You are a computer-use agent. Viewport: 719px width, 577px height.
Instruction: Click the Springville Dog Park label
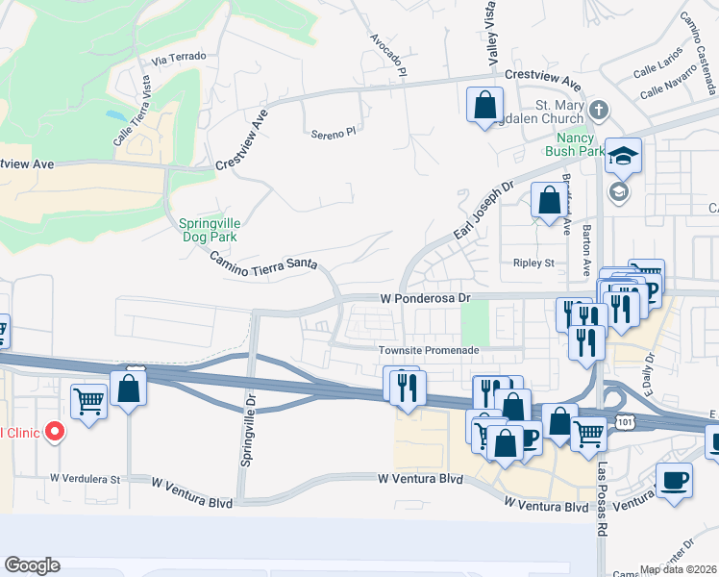point(208,229)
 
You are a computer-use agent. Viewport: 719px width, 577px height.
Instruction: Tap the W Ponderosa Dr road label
point(425,298)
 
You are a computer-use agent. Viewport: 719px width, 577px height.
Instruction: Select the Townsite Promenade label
point(428,350)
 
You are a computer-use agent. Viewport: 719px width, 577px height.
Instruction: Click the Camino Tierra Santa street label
point(263,264)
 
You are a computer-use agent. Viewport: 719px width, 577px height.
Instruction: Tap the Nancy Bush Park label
point(574,143)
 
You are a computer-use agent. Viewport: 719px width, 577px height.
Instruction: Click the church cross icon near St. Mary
point(598,108)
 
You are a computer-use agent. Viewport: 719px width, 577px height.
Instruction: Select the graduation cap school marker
point(623,156)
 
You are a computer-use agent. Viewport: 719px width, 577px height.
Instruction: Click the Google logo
point(32,565)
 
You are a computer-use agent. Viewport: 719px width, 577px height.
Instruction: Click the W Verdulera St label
point(86,478)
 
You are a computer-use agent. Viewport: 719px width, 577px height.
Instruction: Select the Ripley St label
point(534,263)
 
